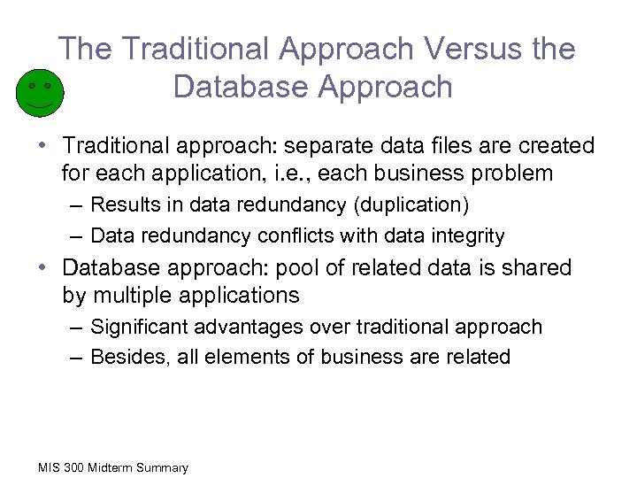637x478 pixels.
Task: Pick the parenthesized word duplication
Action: coord(411,205)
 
